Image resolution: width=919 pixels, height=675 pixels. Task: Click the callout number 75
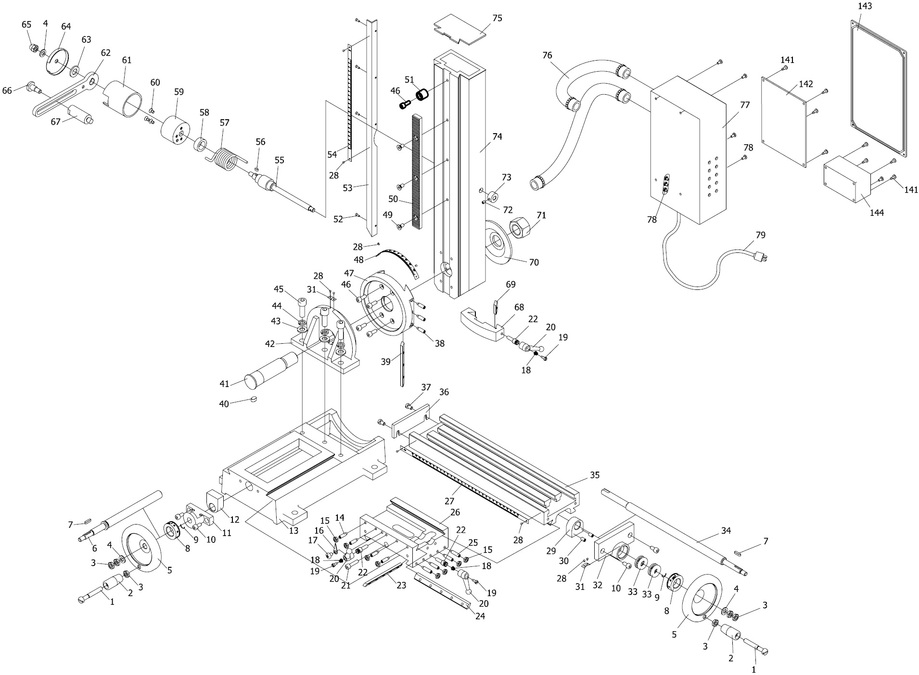coord(497,18)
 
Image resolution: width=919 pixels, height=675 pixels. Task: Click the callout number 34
coord(726,530)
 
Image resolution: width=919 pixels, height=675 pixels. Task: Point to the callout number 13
coord(294,530)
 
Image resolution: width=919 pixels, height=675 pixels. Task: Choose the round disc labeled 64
coord(58,62)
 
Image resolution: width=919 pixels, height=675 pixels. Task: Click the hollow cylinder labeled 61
coord(124,99)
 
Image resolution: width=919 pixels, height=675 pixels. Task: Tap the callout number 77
coord(745,105)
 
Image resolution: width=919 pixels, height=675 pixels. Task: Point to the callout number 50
coord(394,198)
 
